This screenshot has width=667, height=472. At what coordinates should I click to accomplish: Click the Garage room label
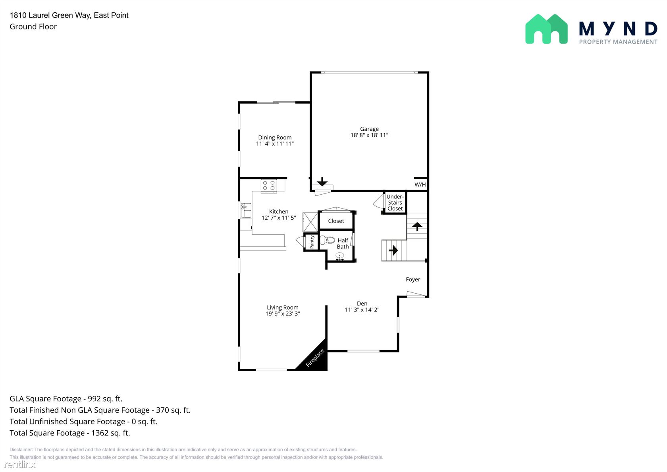pyautogui.click(x=369, y=129)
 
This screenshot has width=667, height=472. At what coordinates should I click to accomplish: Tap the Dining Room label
pyautogui.click(x=275, y=137)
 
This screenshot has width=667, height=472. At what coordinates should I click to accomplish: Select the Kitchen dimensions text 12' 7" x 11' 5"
pyautogui.click(x=279, y=218)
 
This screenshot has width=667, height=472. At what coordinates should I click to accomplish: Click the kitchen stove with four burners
pyautogui.click(x=269, y=186)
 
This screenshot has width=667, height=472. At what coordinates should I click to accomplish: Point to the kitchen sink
pyautogui.click(x=246, y=210)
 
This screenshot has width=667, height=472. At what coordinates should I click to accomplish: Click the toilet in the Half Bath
pyautogui.click(x=327, y=240)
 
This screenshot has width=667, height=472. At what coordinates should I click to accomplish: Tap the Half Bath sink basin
pyautogui.click(x=340, y=256)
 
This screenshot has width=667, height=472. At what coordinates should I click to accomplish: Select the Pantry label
pyautogui.click(x=312, y=242)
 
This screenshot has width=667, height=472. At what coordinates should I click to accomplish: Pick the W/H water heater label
pyautogui.click(x=420, y=184)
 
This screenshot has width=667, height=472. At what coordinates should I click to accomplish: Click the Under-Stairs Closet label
pyautogui.click(x=395, y=203)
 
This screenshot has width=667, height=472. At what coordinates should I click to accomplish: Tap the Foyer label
pyautogui.click(x=413, y=280)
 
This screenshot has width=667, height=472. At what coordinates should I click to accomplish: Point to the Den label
pyautogui.click(x=362, y=304)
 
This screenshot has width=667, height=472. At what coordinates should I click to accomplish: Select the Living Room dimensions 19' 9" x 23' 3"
pyautogui.click(x=283, y=313)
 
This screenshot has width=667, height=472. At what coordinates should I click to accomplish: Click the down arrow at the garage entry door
pyautogui.click(x=322, y=182)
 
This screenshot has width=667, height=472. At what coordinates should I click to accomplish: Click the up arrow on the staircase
pyautogui.click(x=417, y=226)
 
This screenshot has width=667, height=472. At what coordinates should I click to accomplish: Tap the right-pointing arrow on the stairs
pyautogui.click(x=393, y=250)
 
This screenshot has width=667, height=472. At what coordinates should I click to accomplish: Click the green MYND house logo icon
pyautogui.click(x=546, y=29)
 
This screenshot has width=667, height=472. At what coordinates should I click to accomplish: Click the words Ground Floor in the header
pyautogui.click(x=33, y=27)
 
